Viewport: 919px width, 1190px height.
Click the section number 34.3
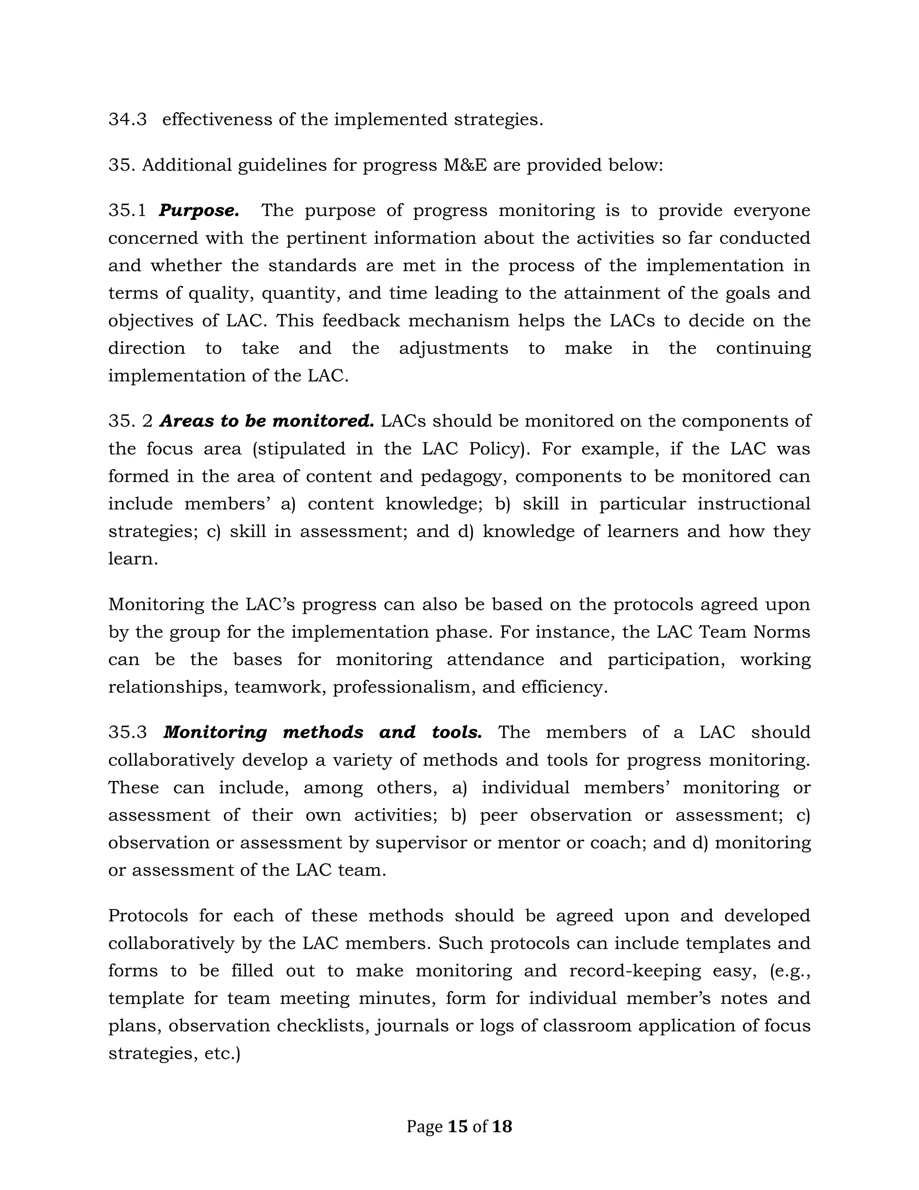pyautogui.click(x=127, y=119)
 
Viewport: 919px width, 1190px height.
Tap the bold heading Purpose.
pyautogui.click(x=199, y=210)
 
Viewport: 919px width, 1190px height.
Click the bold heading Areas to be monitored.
pyautogui.click(x=267, y=421)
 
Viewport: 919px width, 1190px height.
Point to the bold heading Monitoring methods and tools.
pyautogui.click(x=322, y=732)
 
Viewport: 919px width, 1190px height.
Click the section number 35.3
pyautogui.click(x=127, y=732)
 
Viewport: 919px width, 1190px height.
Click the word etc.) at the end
pyautogui.click(x=222, y=1053)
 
